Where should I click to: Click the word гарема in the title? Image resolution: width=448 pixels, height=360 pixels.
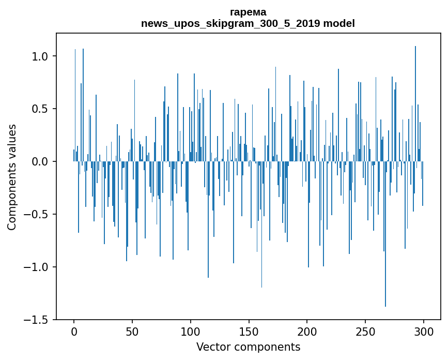(248, 12)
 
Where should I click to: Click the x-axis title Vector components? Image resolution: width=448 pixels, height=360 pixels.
(248, 347)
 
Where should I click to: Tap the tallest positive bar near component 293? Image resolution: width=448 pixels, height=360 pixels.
(415, 103)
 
